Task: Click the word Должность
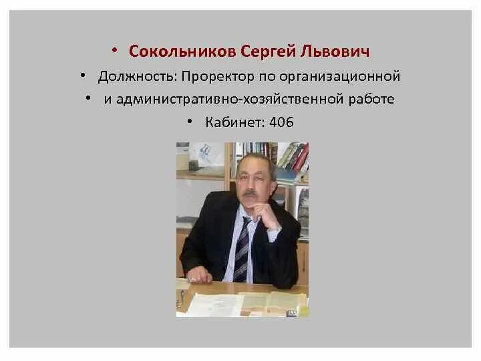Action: pos(136,76)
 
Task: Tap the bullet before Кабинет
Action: pos(190,122)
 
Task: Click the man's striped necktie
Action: pos(241,247)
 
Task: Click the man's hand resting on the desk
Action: pos(200,275)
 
